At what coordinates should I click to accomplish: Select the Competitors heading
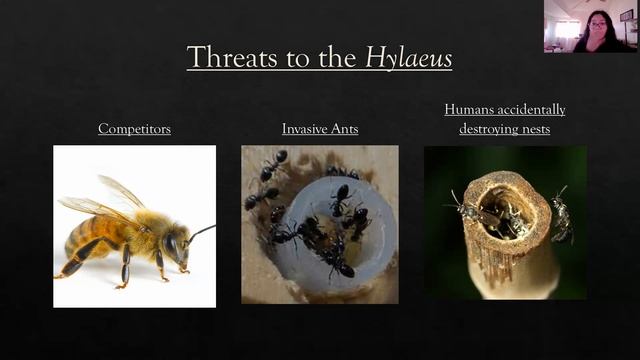pyautogui.click(x=134, y=129)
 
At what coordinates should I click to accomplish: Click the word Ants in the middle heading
pyautogui.click(x=346, y=129)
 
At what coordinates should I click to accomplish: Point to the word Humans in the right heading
pyautogui.click(x=470, y=109)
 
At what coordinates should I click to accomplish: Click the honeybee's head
pyautogui.click(x=172, y=244)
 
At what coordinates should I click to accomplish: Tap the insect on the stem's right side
pyautogui.click(x=562, y=216)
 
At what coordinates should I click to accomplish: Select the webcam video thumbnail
pyautogui.click(x=589, y=26)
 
